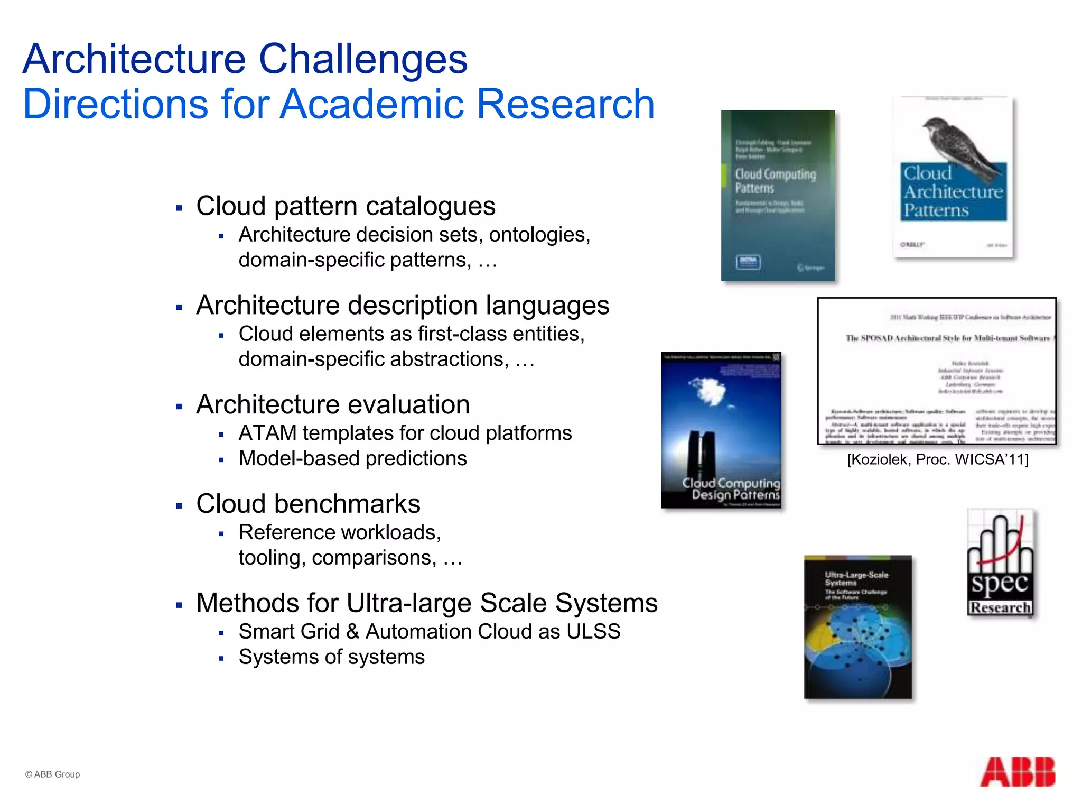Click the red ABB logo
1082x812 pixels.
(x=1018, y=772)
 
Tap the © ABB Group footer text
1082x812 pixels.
(x=52, y=774)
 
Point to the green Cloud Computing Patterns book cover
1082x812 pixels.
(x=778, y=196)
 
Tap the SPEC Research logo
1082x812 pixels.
(x=1000, y=562)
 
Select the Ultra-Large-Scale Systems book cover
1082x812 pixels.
(x=857, y=627)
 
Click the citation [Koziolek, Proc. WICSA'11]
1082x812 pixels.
(x=937, y=459)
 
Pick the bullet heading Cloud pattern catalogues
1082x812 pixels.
(x=346, y=206)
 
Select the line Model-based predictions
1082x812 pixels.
(x=352, y=458)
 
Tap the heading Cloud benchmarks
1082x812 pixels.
(x=308, y=503)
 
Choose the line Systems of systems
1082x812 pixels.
(x=331, y=657)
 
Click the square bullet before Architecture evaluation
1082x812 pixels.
(x=179, y=407)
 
